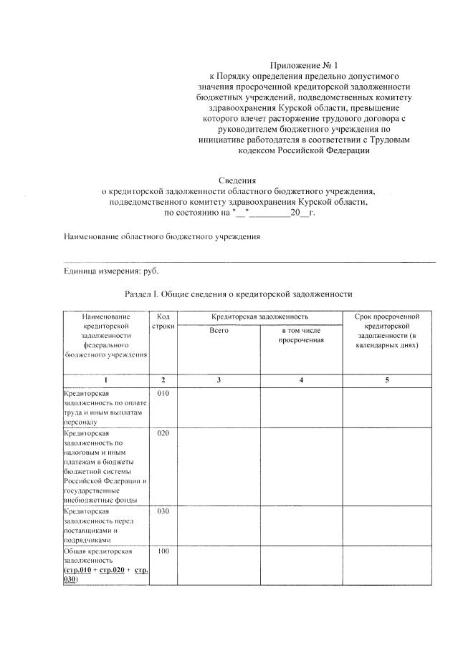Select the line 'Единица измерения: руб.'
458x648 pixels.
click(x=111, y=271)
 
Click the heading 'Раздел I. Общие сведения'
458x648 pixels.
click(x=239, y=294)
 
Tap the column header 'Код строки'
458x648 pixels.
click(x=163, y=321)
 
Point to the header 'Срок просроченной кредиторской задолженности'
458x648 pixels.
click(x=387, y=330)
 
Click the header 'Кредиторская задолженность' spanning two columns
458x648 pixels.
click(x=259, y=316)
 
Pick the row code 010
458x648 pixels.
click(x=163, y=394)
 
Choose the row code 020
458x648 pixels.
click(x=163, y=433)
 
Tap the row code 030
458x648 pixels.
click(x=163, y=512)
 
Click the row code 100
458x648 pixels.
click(x=163, y=551)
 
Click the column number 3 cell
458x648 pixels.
click(x=219, y=380)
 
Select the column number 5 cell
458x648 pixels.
click(x=387, y=380)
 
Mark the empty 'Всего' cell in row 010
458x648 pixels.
click(x=219, y=407)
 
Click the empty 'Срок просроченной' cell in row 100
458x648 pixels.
click(x=387, y=565)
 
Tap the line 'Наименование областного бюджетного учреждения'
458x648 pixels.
click(x=161, y=236)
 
